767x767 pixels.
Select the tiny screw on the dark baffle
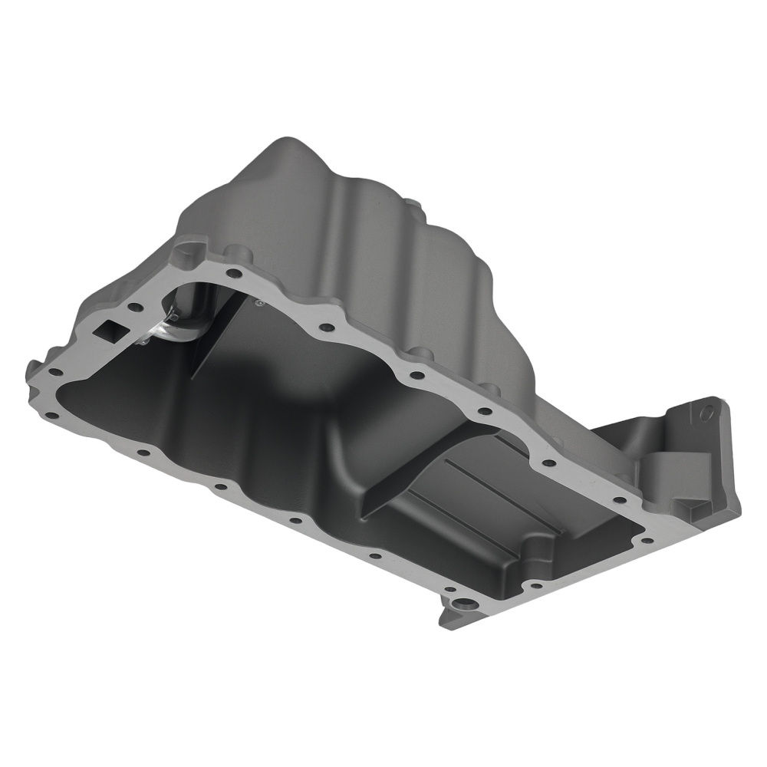(x=260, y=303)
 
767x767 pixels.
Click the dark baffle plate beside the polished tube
(x=222, y=337)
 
